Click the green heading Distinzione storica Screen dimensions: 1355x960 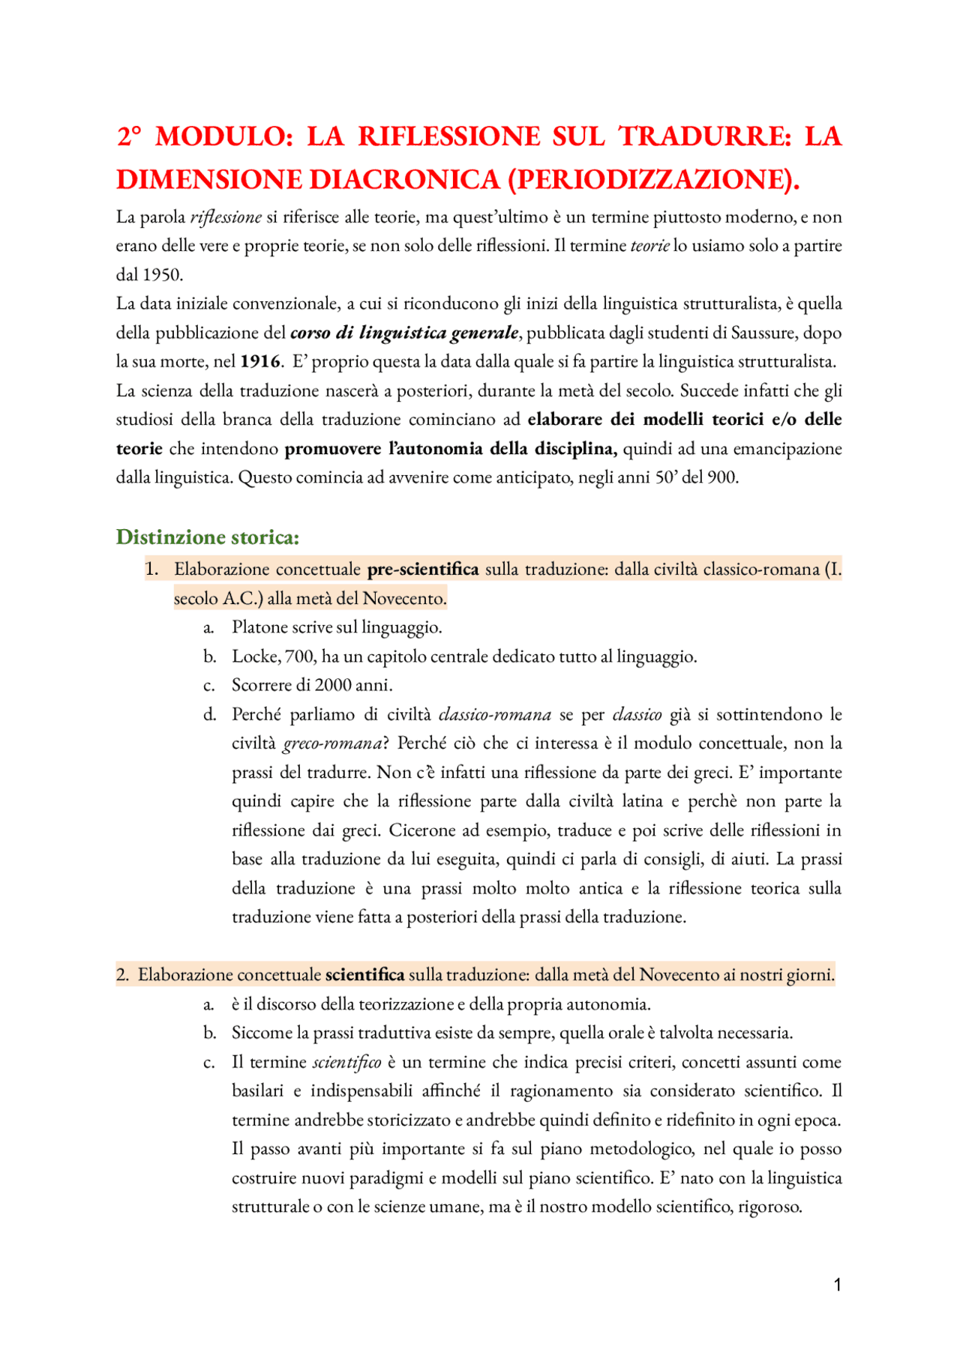click(208, 537)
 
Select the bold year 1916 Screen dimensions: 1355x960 click(260, 361)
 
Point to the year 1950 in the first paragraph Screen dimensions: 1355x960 click(162, 274)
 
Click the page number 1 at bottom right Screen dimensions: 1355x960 click(837, 1285)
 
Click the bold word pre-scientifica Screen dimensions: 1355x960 click(423, 569)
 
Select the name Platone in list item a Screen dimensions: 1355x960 click(260, 627)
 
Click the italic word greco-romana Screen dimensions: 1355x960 click(332, 743)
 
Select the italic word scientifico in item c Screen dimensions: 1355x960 click(346, 1062)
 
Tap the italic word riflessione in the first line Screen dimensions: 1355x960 click(226, 217)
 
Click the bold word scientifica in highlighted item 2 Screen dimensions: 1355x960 click(364, 975)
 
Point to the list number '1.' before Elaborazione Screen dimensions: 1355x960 click(152, 569)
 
